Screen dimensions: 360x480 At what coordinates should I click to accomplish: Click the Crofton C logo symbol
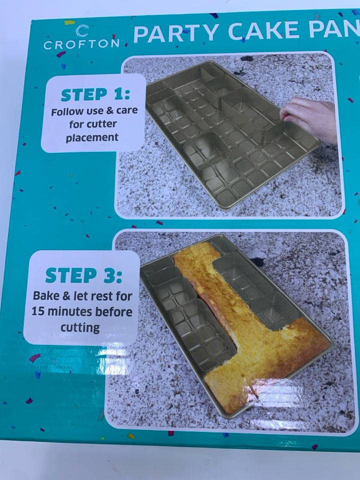(82, 30)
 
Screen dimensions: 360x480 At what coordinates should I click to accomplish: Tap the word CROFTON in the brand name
(81, 44)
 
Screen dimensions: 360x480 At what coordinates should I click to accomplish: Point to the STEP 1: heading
(95, 94)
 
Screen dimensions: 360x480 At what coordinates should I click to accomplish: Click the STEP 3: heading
(83, 275)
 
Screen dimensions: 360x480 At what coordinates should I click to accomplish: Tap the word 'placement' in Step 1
(92, 138)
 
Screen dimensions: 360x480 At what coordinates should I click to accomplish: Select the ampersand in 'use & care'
(109, 111)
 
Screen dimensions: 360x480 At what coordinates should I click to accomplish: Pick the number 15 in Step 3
(38, 311)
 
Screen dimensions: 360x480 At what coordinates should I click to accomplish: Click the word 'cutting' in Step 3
(80, 328)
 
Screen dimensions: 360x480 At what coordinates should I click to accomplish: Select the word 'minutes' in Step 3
(70, 311)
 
